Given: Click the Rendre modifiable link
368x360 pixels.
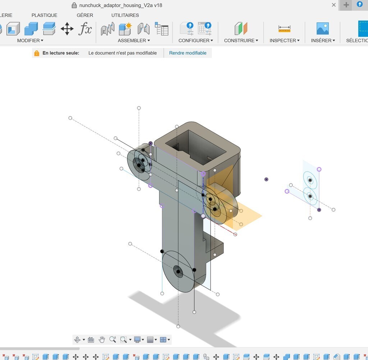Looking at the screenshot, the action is click(x=188, y=53).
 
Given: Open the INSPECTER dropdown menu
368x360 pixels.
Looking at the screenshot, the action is click(x=285, y=41).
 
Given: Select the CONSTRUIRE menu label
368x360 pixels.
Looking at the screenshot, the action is click(x=241, y=41).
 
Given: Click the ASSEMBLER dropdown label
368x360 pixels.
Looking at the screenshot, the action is click(x=134, y=41).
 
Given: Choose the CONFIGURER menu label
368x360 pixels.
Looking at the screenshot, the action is click(x=196, y=41).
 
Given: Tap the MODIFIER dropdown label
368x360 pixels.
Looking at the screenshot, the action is click(x=30, y=41).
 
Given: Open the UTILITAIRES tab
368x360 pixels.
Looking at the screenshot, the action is click(x=125, y=15).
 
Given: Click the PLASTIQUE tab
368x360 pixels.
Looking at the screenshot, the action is click(x=44, y=15).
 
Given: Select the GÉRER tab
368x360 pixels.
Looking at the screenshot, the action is click(x=85, y=15).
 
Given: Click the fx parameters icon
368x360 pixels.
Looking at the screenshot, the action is click(x=85, y=29).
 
